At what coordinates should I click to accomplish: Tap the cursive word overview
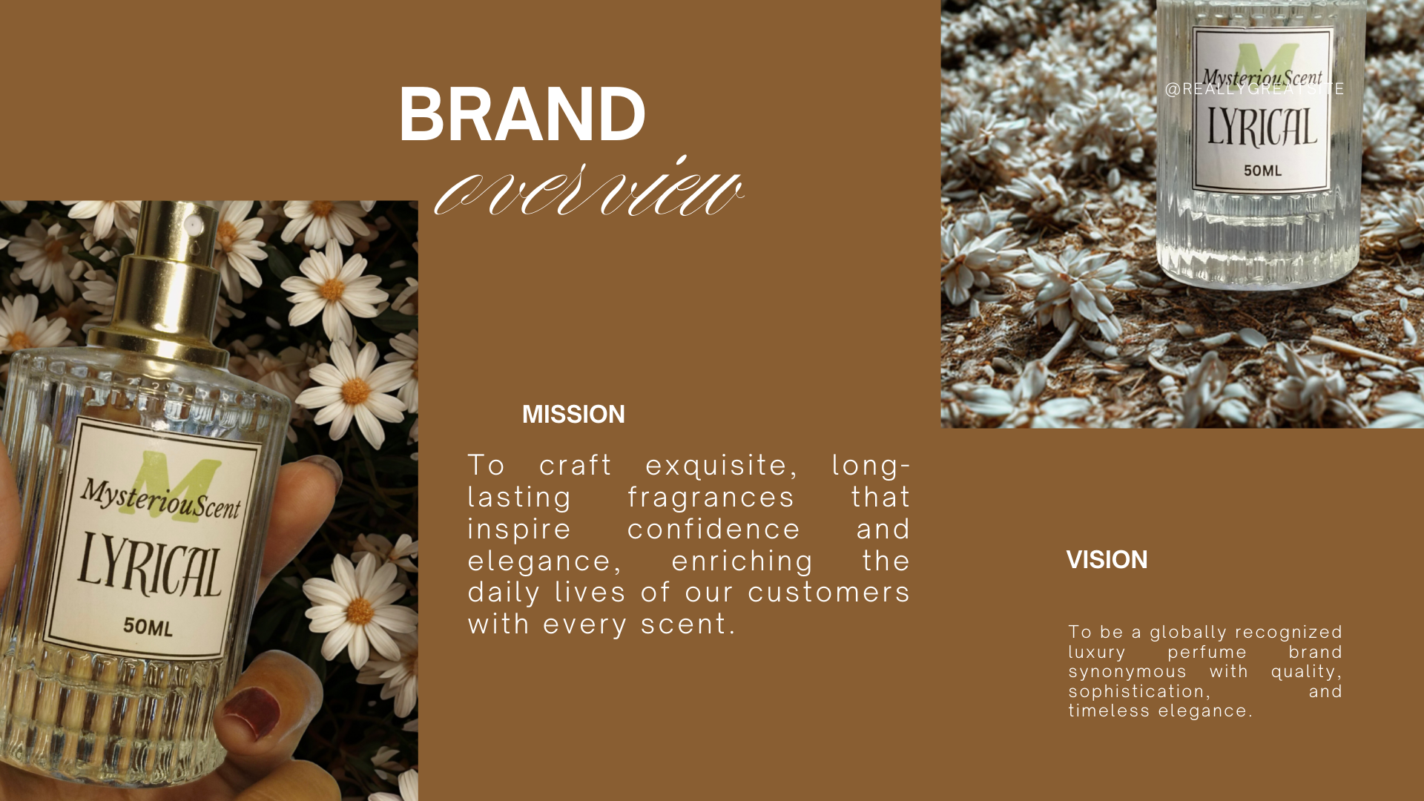pos(589,188)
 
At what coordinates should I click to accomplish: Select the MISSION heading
pos(573,414)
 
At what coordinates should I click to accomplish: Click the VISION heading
pos(1107,559)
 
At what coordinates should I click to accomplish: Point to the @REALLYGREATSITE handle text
pos(1254,89)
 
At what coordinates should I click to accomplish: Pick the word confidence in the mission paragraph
pos(713,529)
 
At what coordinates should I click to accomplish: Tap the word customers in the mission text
pos(828,593)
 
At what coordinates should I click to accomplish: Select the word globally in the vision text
pos(1189,633)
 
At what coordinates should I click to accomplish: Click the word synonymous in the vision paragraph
pos(1127,672)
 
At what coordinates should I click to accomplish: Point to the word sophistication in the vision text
pos(1139,692)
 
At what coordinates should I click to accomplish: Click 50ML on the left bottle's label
pos(148,627)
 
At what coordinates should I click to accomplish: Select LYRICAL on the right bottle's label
pos(1262,127)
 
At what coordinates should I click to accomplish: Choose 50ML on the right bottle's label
pos(1262,171)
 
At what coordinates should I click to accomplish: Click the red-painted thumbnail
pos(252,712)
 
